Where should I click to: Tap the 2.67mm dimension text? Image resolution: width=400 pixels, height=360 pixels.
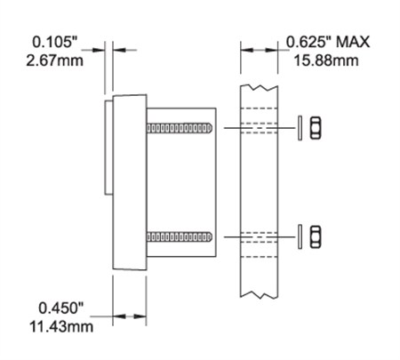pos(54,60)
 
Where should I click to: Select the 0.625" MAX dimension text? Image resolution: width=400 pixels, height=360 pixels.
pos(328,42)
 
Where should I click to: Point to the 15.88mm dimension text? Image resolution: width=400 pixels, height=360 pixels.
pos(326,60)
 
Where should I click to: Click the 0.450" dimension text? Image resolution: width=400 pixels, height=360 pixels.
pos(61,308)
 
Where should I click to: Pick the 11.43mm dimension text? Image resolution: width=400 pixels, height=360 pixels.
pos(61,327)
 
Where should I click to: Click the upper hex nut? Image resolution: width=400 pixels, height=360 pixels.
pos(316,128)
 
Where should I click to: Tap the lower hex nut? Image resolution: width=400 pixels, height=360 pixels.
pos(316,236)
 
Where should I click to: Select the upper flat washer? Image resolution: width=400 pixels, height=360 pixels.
pos(300,128)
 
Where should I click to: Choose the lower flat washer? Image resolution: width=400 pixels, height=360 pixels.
pos(300,236)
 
